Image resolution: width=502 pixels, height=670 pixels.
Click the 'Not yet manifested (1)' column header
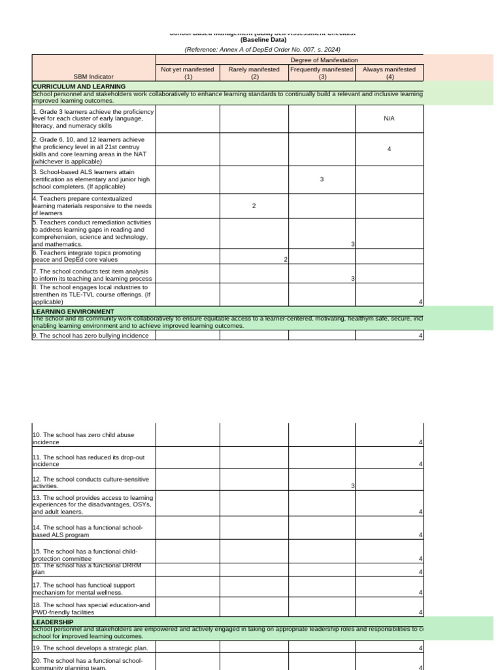[x=188, y=73]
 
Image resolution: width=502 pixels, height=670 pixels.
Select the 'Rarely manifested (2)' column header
[x=254, y=73]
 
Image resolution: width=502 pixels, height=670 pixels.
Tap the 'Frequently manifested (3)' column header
[x=322, y=73]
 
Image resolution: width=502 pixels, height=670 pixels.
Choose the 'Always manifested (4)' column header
[x=389, y=73]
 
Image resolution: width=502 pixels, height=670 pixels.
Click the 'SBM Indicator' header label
[x=93, y=77]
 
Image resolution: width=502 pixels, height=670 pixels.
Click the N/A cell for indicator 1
[x=389, y=118]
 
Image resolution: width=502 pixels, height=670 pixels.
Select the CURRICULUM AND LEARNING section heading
[x=79, y=86]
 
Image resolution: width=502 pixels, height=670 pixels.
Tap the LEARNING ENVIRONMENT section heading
[x=73, y=311]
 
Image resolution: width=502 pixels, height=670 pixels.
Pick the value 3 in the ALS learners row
[x=322, y=179]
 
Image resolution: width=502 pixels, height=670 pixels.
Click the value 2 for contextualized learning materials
[x=254, y=206]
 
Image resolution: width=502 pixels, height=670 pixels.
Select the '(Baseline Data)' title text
[x=262, y=40]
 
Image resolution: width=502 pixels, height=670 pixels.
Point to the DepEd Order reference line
[x=262, y=49]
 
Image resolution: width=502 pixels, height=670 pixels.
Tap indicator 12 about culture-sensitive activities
[x=90, y=483]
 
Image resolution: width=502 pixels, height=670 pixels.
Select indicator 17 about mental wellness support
[x=84, y=588]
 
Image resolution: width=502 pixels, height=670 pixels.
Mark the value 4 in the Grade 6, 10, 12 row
[x=389, y=149]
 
